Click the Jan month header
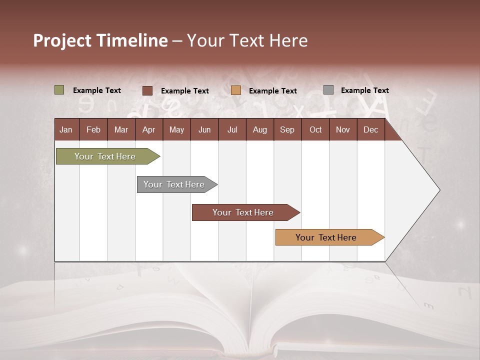[x=66, y=129]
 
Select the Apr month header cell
[x=149, y=129]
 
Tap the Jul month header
[x=232, y=129]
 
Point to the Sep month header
[x=287, y=129]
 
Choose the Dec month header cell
[x=370, y=129]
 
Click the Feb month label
[x=93, y=129]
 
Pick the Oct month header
[x=315, y=129]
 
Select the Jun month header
[x=204, y=129]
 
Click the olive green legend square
[x=59, y=90]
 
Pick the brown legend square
[x=147, y=90]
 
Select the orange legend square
[x=236, y=90]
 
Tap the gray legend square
[x=328, y=90]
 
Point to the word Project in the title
[x=62, y=40]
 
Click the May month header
[x=176, y=129]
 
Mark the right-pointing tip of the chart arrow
[x=438, y=190]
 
